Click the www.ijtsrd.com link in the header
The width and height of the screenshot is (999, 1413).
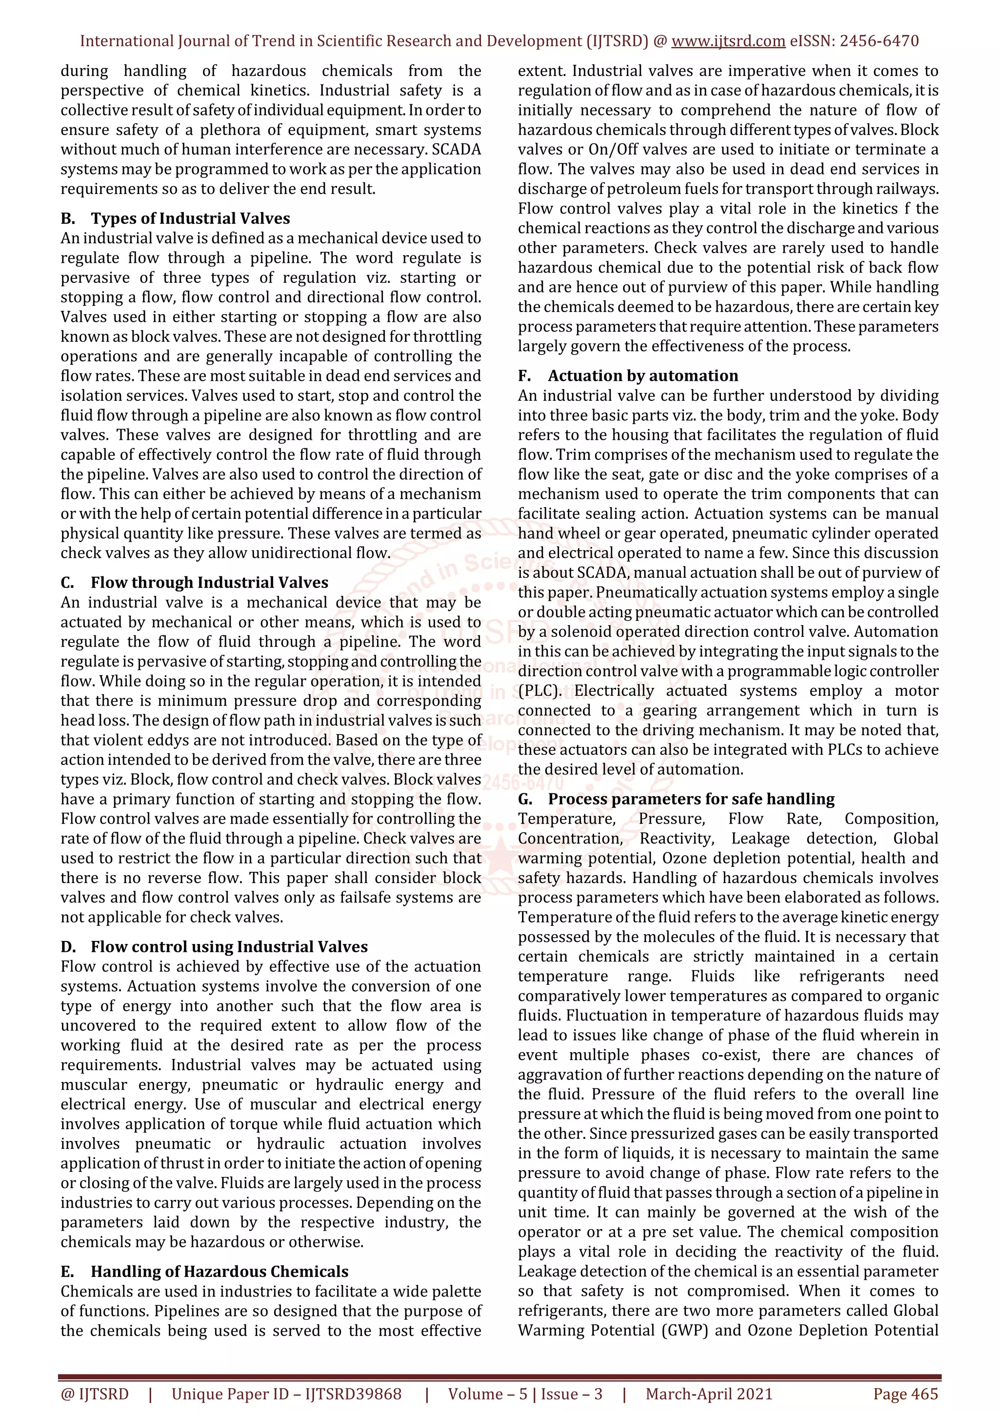728,41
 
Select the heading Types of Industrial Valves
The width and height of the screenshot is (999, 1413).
190,218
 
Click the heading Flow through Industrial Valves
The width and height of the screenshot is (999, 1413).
209,582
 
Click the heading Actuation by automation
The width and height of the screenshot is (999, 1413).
642,375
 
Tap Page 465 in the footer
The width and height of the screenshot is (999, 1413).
905,1394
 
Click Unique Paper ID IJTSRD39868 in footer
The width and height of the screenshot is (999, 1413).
286,1394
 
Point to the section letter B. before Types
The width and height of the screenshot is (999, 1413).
68,218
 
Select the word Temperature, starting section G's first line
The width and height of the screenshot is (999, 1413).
566,819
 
